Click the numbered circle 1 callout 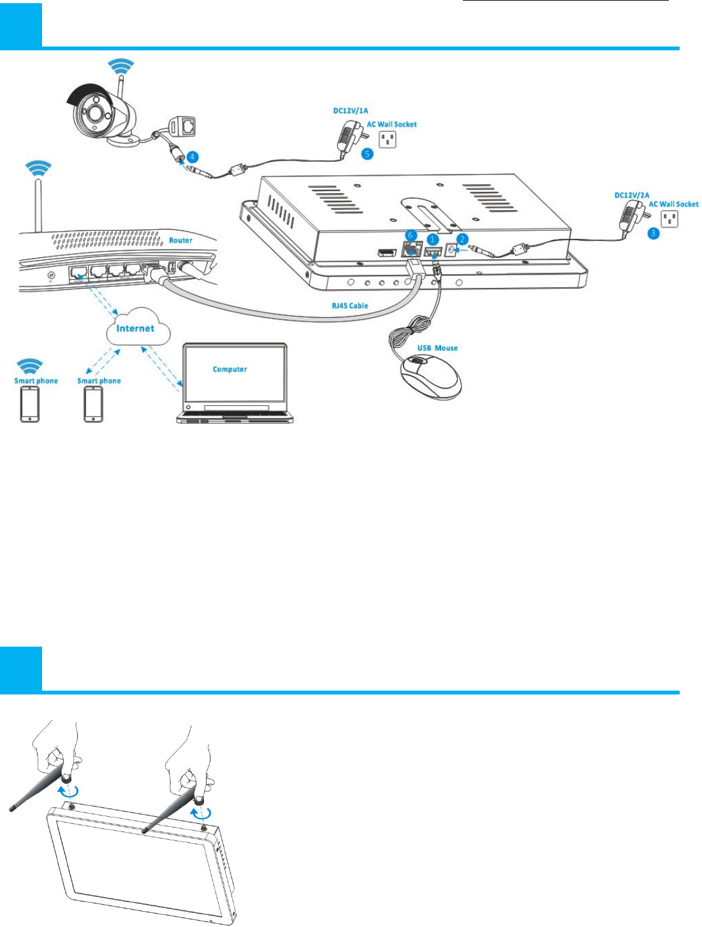[x=433, y=239]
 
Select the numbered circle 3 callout [x=653, y=233]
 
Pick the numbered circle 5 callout [x=367, y=154]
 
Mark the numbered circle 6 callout [x=411, y=236]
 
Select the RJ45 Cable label [x=349, y=306]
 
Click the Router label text [x=180, y=240]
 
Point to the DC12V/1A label [x=350, y=111]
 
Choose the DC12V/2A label [x=631, y=195]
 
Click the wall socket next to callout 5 [x=387, y=139]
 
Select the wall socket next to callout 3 [x=669, y=219]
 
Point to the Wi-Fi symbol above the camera [x=120, y=66]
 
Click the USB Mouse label [x=437, y=348]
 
